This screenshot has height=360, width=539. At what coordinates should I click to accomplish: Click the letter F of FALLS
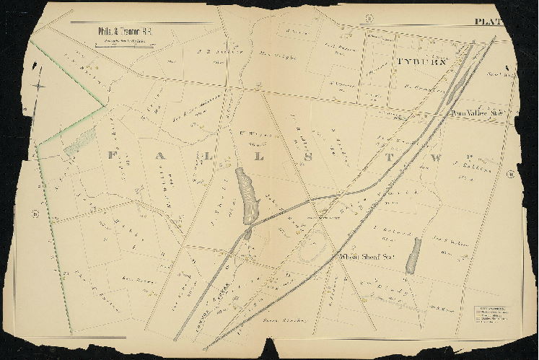(112, 155)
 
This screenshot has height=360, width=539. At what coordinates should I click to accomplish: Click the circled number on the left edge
(35, 213)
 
